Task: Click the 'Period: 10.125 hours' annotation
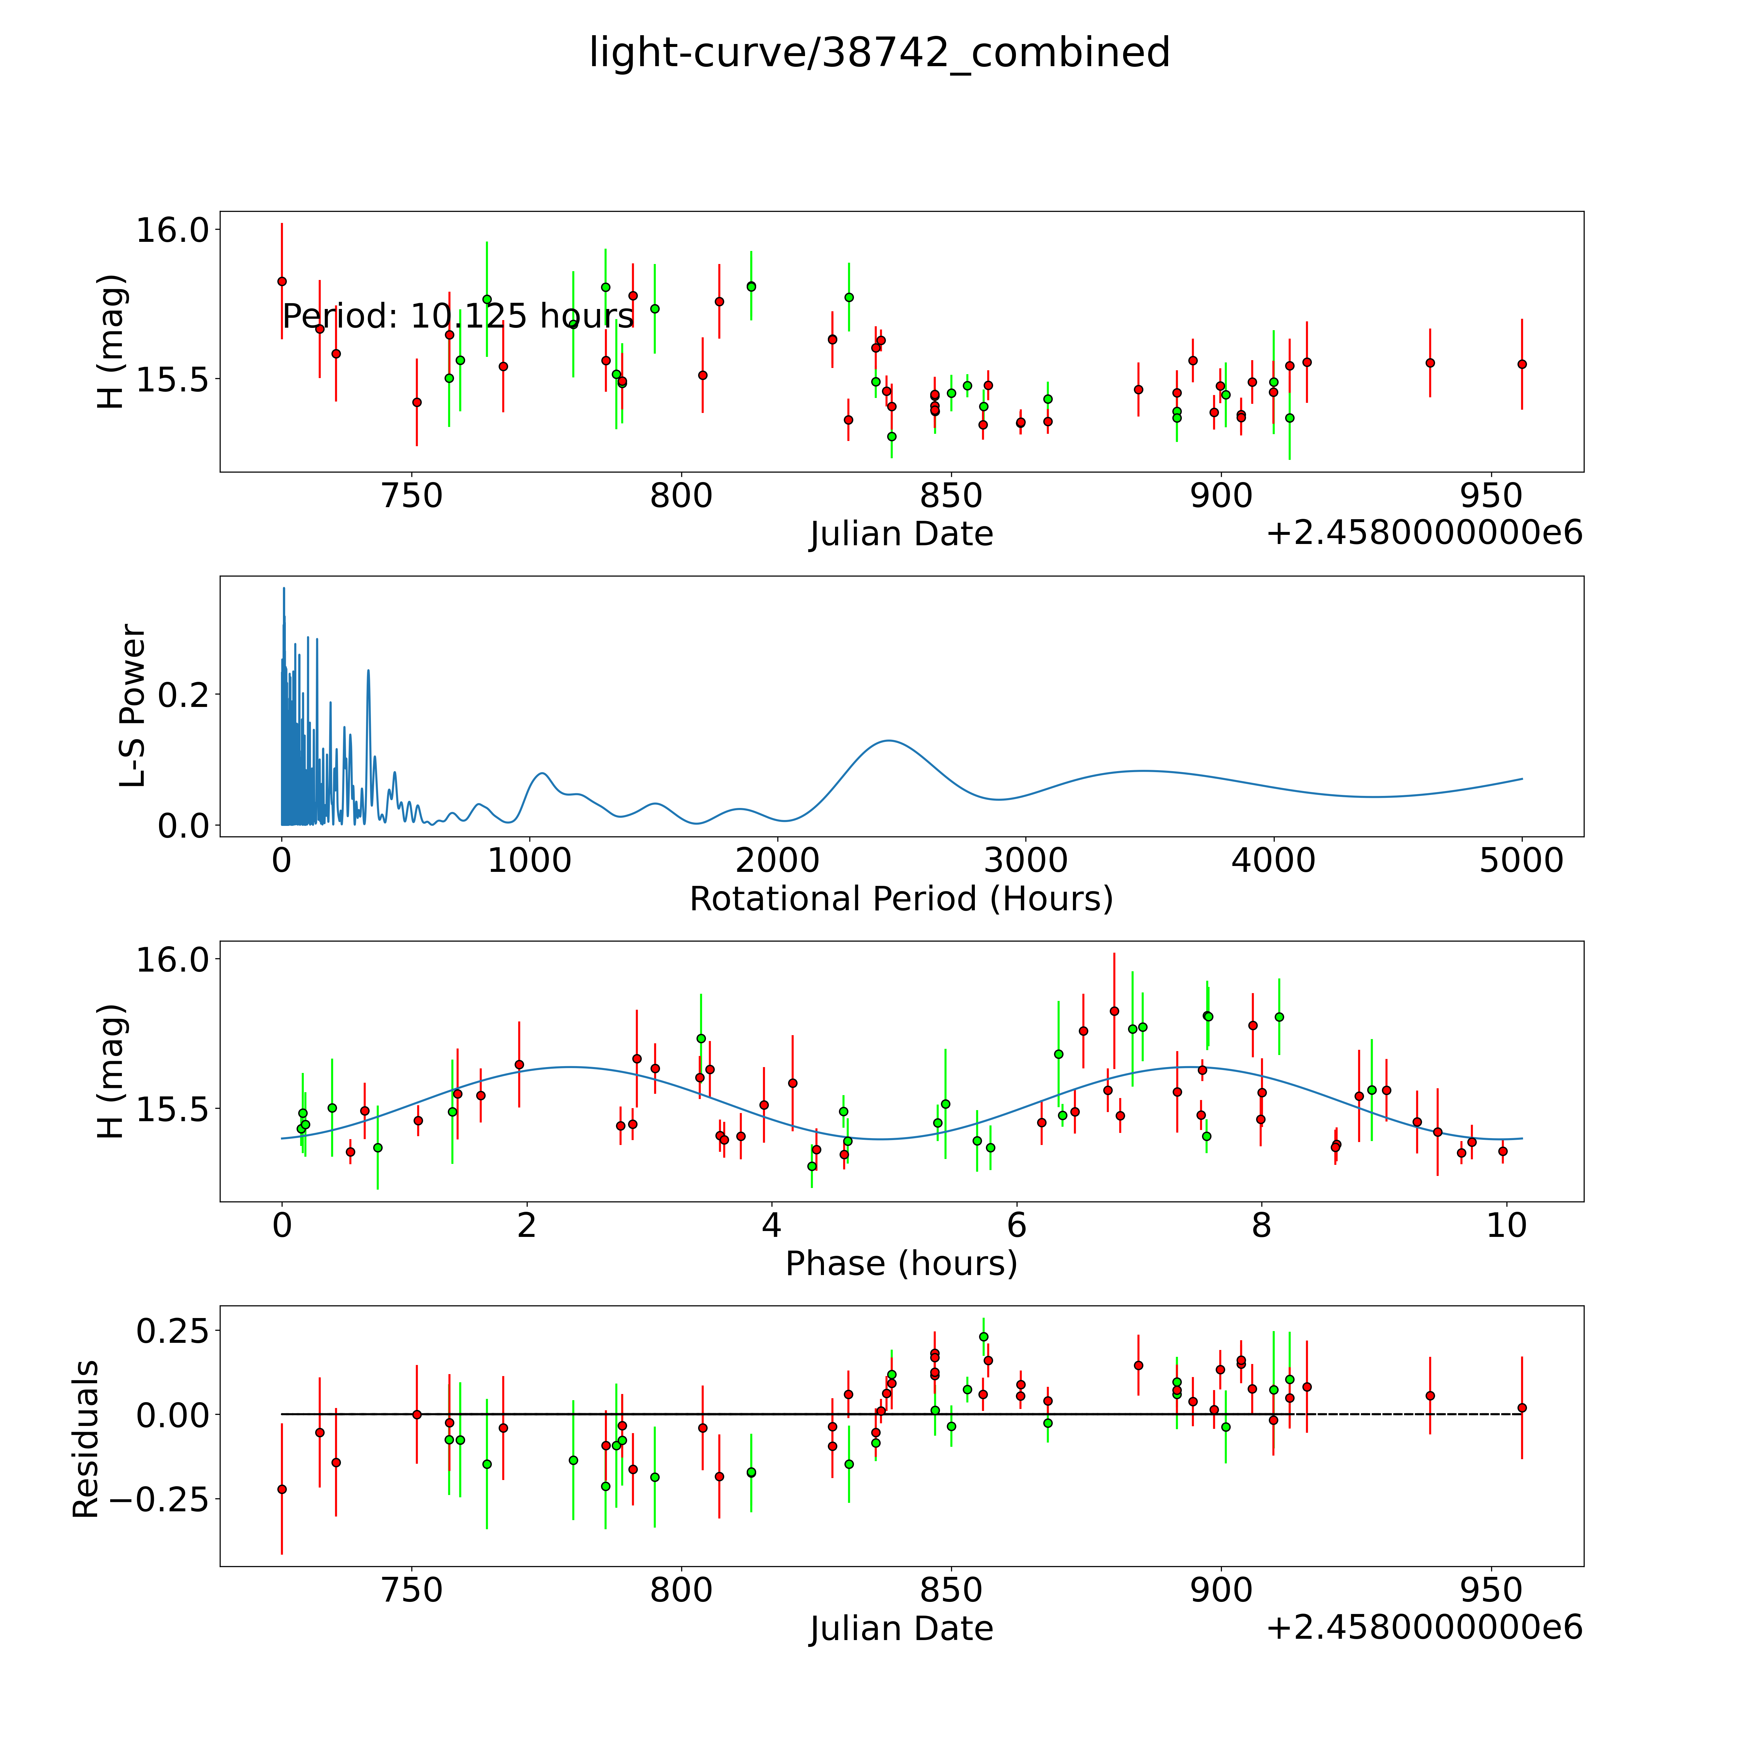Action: point(458,316)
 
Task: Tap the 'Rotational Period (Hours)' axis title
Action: point(901,899)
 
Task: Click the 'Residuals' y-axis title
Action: point(86,1439)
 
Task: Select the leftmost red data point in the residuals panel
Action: point(282,1489)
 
